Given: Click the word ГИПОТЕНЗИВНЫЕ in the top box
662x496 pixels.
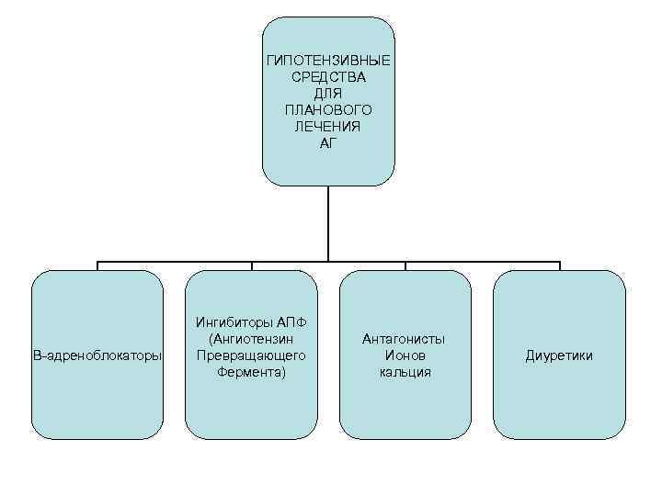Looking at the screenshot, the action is (x=328, y=60).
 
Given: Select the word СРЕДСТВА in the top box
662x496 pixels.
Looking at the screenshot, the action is (x=328, y=76).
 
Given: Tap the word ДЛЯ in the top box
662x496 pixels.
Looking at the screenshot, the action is (x=328, y=93).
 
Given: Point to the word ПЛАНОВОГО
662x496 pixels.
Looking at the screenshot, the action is (x=328, y=109).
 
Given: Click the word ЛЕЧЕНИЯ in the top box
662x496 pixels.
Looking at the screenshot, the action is (x=328, y=126).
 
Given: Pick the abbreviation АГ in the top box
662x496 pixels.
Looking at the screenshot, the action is (x=328, y=142).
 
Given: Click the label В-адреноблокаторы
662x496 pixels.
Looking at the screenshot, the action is (x=97, y=355).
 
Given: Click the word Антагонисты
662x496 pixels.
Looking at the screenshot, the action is (x=405, y=339).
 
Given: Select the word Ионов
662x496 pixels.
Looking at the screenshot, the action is (x=405, y=355).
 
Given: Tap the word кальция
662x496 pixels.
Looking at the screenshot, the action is (x=405, y=372).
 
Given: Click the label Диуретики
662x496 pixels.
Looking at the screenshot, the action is (x=559, y=355).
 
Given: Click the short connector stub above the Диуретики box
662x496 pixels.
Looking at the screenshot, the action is (x=559, y=265).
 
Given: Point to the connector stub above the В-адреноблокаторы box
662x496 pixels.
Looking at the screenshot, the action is (x=97, y=265).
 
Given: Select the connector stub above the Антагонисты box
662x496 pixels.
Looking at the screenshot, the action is (x=405, y=265).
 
